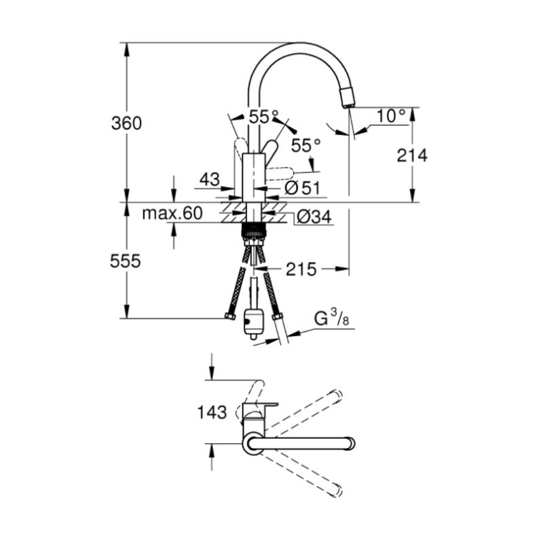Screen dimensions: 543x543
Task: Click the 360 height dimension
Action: (x=126, y=124)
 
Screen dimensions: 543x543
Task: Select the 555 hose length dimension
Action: (x=126, y=261)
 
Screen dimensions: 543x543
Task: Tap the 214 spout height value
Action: (x=412, y=155)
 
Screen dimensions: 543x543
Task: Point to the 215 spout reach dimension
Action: (x=301, y=269)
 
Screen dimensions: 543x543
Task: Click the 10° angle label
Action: (x=391, y=115)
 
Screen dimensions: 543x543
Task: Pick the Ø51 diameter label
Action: (x=302, y=188)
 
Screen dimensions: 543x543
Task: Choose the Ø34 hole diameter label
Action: (x=314, y=217)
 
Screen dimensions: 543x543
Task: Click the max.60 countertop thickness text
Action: (x=172, y=213)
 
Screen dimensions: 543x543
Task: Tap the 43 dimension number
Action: (x=210, y=179)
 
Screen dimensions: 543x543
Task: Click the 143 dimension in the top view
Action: (x=212, y=412)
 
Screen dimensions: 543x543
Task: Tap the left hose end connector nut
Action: (x=230, y=316)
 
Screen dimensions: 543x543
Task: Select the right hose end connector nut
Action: (x=278, y=316)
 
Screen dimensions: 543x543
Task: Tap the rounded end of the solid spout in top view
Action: (x=351, y=444)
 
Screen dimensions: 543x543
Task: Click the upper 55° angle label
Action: (x=264, y=117)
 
